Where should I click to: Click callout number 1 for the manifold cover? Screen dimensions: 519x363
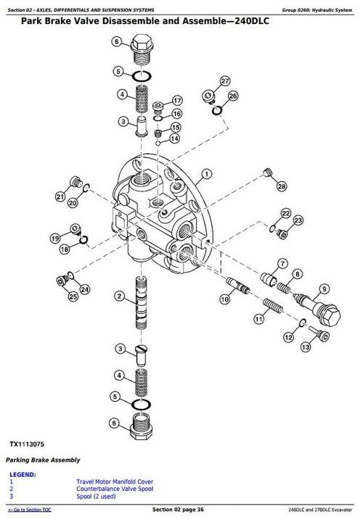coord(207,173)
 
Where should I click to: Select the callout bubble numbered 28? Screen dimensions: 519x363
coord(281,187)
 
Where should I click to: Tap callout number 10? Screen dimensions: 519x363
coord(224,299)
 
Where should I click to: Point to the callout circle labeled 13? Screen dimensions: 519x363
coord(306,347)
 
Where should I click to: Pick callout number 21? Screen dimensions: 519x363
coord(60,196)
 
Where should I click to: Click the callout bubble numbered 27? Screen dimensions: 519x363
coord(226,80)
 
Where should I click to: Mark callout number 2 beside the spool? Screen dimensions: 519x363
coord(117,296)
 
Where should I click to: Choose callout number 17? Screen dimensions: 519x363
coord(176,100)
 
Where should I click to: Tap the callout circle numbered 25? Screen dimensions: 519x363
coord(73,296)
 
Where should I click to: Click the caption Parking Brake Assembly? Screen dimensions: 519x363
coord(43,460)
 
